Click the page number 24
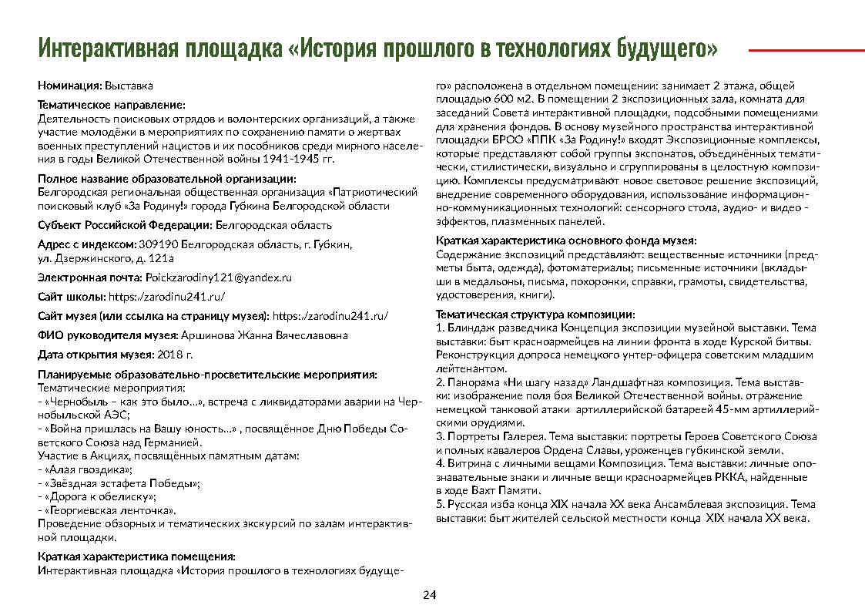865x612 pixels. [x=429, y=595]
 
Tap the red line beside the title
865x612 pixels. [x=806, y=50]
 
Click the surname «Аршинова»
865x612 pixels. [x=203, y=335]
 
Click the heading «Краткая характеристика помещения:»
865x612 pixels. [x=136, y=556]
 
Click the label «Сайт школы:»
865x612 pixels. [x=72, y=296]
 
